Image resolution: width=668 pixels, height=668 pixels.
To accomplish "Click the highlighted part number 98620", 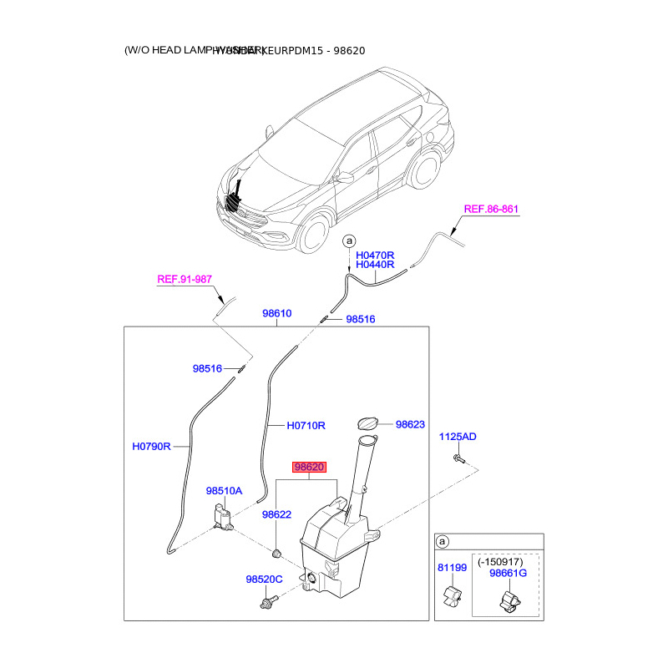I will tap(307, 468).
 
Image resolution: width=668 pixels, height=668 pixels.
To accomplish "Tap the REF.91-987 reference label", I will tap(185, 280).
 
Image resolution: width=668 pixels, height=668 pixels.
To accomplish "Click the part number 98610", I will tap(276, 314).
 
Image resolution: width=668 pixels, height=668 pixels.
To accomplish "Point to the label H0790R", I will tap(151, 447).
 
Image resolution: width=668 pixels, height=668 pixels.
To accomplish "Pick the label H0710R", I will tap(305, 425).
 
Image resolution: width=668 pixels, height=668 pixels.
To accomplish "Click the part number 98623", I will tap(411, 424).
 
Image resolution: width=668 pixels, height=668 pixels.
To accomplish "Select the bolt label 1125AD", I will tap(458, 437).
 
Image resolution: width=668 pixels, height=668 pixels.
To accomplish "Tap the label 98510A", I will tap(224, 491).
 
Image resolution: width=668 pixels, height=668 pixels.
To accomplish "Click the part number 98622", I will tap(276, 514).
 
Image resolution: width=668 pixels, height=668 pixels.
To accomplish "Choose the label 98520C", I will tap(264, 579).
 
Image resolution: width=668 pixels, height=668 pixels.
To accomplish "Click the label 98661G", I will tap(509, 574).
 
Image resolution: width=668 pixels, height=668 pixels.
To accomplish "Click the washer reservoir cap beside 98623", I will tap(367, 425).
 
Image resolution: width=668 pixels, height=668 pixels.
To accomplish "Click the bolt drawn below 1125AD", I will tap(459, 458).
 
